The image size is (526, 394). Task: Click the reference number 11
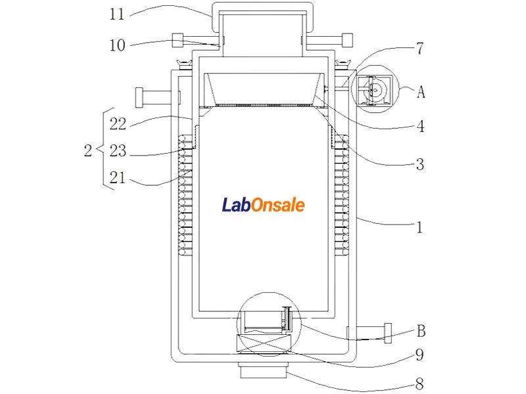(117, 14)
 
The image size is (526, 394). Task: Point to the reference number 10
(118, 45)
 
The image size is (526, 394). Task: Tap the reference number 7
(420, 48)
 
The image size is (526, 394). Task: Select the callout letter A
(421, 91)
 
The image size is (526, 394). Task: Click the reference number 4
(420, 126)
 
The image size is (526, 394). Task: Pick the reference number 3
(420, 164)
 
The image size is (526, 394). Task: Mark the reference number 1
(419, 227)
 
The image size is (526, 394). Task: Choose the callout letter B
(421, 331)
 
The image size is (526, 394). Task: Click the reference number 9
(419, 355)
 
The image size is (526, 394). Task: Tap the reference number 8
(419, 383)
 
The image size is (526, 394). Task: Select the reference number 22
(118, 124)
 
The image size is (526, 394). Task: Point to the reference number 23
(118, 151)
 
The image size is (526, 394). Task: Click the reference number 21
(118, 177)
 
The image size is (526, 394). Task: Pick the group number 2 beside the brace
(88, 150)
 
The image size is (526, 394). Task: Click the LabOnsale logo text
(264, 205)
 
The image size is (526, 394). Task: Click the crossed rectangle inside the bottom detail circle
(264, 343)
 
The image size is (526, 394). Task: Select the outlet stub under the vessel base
(264, 370)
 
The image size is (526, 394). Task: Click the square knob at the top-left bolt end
(178, 41)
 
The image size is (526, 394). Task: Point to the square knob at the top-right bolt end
(347, 40)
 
